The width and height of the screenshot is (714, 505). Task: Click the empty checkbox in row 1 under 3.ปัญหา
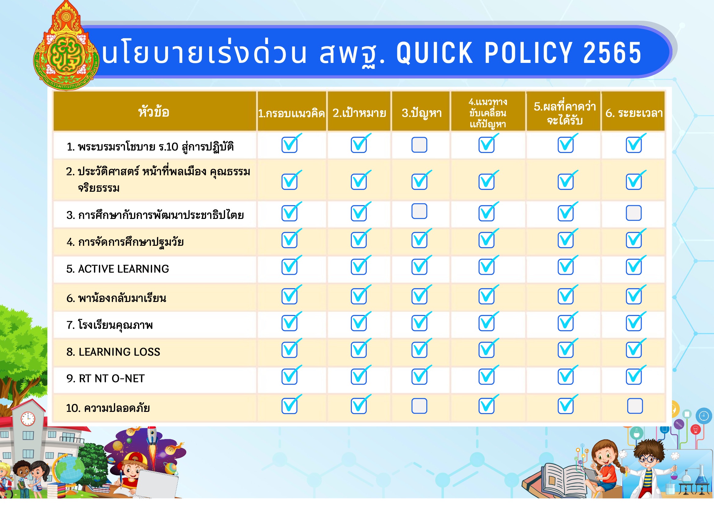419,145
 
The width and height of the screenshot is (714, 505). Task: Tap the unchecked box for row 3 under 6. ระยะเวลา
633,213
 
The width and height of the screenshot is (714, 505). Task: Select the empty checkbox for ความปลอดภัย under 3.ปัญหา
419,406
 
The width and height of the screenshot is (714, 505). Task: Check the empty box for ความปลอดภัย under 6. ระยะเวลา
635,406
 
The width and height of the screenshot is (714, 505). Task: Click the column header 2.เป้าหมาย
359,113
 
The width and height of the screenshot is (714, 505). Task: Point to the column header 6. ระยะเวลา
634,113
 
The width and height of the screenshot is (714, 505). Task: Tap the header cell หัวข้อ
154,111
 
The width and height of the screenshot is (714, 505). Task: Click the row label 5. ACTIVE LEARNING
118,269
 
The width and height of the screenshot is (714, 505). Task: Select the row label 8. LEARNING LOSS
113,352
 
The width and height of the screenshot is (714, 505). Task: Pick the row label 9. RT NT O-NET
105,379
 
